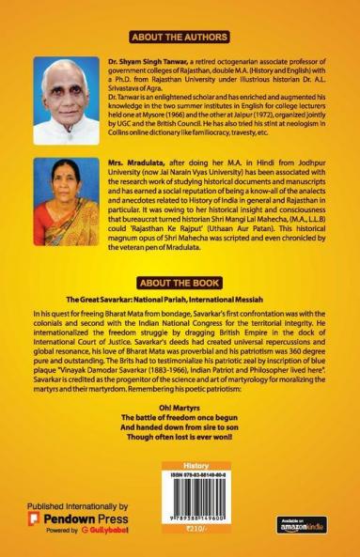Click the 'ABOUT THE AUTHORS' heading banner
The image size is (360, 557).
pyautogui.click(x=180, y=38)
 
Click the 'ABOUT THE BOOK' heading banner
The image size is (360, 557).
pyautogui.click(x=180, y=281)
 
